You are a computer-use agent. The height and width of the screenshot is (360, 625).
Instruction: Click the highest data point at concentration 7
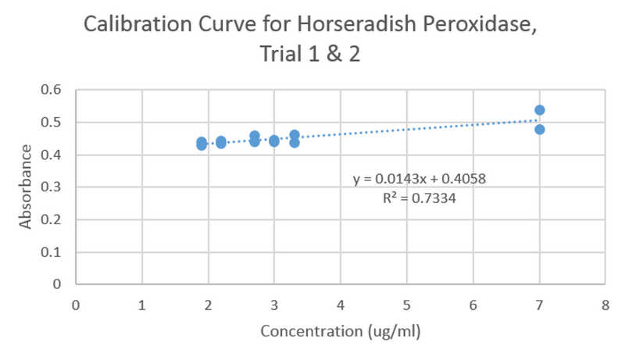point(539,110)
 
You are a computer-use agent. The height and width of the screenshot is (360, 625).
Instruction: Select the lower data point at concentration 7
point(539,130)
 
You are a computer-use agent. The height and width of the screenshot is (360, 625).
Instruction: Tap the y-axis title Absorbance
point(26,187)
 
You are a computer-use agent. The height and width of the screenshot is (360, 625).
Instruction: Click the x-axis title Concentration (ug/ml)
point(341,331)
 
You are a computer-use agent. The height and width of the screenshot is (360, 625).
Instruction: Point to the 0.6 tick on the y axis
point(52,90)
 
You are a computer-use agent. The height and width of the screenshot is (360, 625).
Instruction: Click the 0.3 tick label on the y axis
point(52,187)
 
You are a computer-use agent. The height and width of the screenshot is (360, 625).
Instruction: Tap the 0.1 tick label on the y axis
point(52,252)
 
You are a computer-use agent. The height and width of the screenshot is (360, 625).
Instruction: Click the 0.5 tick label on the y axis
point(52,123)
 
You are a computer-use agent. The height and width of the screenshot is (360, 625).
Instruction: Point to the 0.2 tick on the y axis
point(52,220)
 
